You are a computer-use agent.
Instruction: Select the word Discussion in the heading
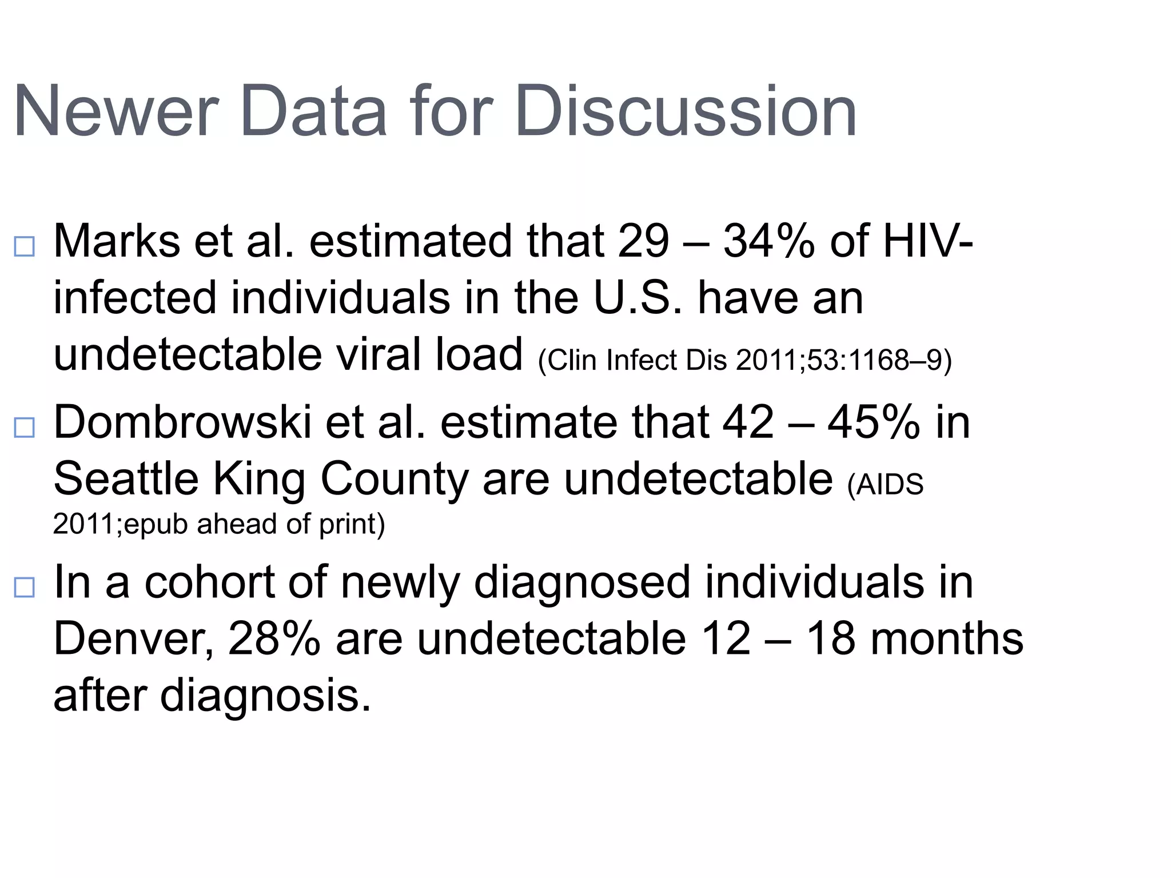click(x=686, y=111)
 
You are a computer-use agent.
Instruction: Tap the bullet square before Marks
click(x=25, y=246)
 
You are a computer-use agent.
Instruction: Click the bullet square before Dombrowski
click(x=25, y=428)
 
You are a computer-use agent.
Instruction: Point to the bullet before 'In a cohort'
click(x=25, y=588)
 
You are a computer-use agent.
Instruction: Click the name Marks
click(x=117, y=241)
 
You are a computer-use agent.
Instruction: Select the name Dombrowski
click(x=182, y=422)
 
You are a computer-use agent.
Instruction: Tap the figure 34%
click(x=768, y=241)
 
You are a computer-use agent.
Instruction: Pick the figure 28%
click(x=274, y=639)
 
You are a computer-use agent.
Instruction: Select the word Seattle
click(x=126, y=479)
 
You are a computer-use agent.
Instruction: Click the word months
click(x=946, y=639)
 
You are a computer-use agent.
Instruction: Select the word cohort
click(x=209, y=582)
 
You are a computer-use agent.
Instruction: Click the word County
click(x=395, y=479)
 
